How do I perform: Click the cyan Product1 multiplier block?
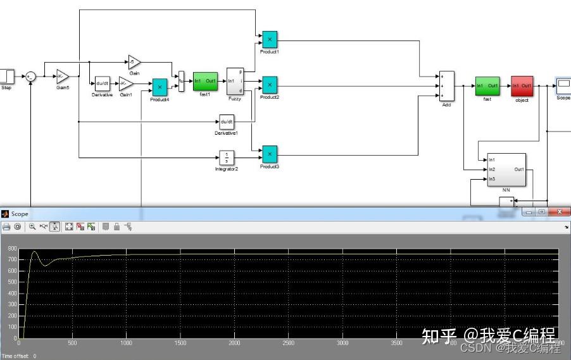(x=270, y=39)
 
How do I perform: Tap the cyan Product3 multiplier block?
(x=270, y=154)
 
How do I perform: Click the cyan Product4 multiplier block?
(x=160, y=87)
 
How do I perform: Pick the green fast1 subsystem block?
(x=205, y=82)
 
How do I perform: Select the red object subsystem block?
(x=522, y=86)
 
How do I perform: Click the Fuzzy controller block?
(x=235, y=81)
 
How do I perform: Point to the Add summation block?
(x=446, y=86)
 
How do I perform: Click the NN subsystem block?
(x=506, y=170)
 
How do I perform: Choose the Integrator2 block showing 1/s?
(x=227, y=156)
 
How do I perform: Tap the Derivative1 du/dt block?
(x=227, y=121)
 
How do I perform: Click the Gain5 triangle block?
(x=62, y=77)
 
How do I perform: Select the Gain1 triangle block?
(x=126, y=84)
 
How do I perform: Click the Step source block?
(x=6, y=76)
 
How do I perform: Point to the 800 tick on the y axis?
(x=11, y=250)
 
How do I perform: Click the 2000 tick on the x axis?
(x=234, y=343)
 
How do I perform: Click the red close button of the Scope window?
(x=558, y=213)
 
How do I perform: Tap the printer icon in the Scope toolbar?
(x=6, y=227)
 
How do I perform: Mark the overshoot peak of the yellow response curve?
(x=35, y=252)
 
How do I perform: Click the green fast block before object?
(x=487, y=86)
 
